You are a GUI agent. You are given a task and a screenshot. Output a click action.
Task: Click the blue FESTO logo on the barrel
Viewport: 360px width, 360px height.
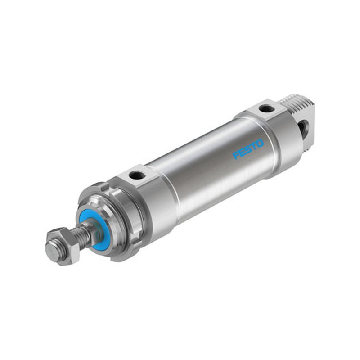248,150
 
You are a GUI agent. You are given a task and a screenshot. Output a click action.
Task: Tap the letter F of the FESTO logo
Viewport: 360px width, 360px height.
237,156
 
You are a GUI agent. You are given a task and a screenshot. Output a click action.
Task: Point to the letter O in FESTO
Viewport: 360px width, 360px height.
261,144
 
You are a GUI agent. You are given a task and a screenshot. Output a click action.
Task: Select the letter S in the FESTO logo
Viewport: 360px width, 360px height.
249,150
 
